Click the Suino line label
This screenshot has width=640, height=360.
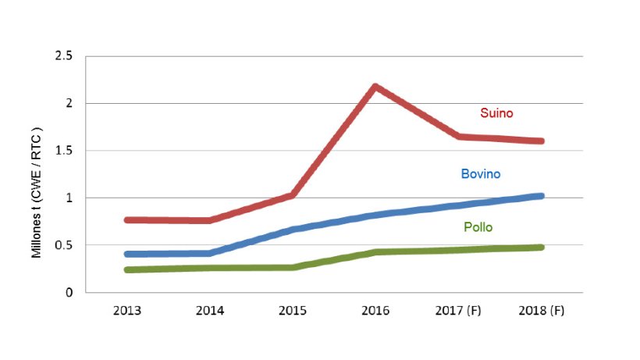point(496,114)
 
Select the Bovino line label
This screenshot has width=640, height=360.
point(482,173)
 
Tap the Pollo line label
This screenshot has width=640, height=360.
point(478,227)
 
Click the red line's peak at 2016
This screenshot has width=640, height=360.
point(375,87)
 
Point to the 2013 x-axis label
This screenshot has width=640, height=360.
point(126,310)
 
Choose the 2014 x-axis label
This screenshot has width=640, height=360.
point(209,310)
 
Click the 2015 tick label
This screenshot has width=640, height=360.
point(293,310)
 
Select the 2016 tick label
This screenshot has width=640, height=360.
point(375,310)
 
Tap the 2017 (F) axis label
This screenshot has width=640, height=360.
point(458,310)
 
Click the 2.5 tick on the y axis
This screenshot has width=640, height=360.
point(63,56)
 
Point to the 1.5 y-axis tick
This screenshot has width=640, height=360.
point(63,151)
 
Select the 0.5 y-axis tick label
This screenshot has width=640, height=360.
point(63,245)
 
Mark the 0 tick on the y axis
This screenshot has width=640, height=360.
point(69,293)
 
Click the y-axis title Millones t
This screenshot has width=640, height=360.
point(36,192)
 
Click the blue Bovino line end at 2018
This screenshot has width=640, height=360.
point(540,196)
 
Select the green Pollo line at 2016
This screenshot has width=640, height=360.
point(375,252)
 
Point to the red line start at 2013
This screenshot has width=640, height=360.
point(126,220)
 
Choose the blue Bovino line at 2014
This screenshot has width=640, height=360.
point(209,253)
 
